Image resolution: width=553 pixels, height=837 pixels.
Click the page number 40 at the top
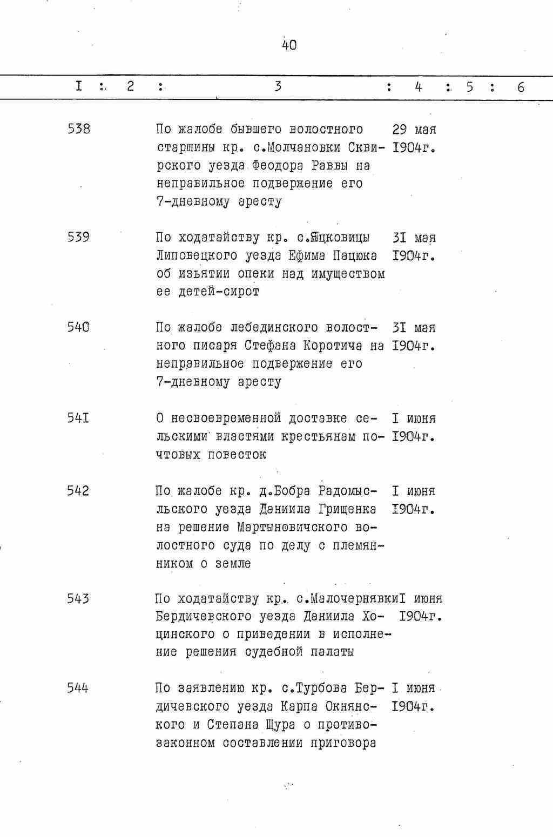click(289, 45)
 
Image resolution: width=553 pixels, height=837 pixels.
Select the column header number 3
click(278, 86)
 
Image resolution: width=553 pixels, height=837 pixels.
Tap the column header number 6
click(520, 87)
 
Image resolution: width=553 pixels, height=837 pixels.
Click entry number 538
click(79, 129)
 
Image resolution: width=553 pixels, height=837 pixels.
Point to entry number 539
click(79, 237)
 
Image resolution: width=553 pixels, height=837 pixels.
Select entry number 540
click(79, 327)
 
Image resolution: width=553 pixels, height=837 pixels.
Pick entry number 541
click(79, 418)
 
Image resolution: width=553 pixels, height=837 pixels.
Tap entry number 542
click(79, 490)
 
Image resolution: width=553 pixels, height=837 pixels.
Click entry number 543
click(79, 598)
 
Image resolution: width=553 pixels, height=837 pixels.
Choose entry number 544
click(79, 688)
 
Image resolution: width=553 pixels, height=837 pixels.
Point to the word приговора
click(343, 743)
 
